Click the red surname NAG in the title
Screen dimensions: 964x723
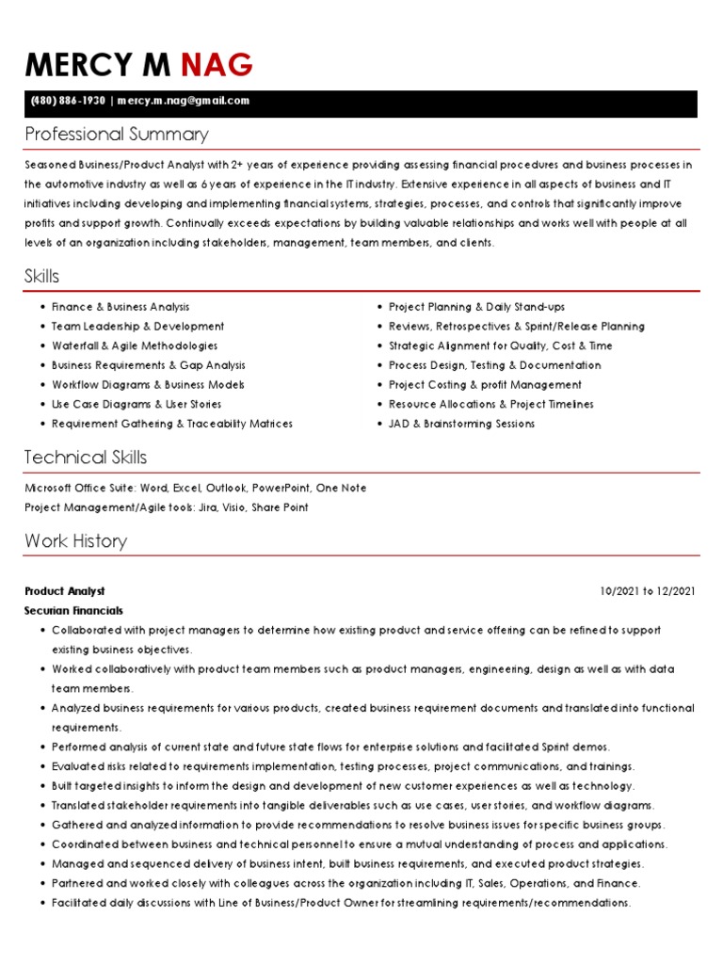click(x=217, y=65)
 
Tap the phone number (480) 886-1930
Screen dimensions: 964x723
click(x=66, y=101)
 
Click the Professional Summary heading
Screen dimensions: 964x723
click(x=117, y=134)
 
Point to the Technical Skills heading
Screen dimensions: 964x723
click(x=86, y=458)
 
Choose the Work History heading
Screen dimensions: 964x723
click(x=75, y=540)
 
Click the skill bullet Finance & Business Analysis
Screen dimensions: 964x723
click(x=120, y=307)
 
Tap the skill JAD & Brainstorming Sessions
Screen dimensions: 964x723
click(x=461, y=424)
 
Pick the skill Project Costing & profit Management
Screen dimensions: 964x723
click(x=485, y=385)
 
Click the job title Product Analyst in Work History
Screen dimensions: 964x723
click(x=65, y=591)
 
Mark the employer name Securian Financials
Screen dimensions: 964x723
click(x=73, y=611)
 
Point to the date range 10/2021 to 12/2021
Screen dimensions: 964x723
click(x=647, y=591)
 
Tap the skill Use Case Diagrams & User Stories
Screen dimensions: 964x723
click(x=137, y=404)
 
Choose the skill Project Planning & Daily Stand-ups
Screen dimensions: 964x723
click(x=476, y=307)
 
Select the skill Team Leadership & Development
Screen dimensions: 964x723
click(x=137, y=327)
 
